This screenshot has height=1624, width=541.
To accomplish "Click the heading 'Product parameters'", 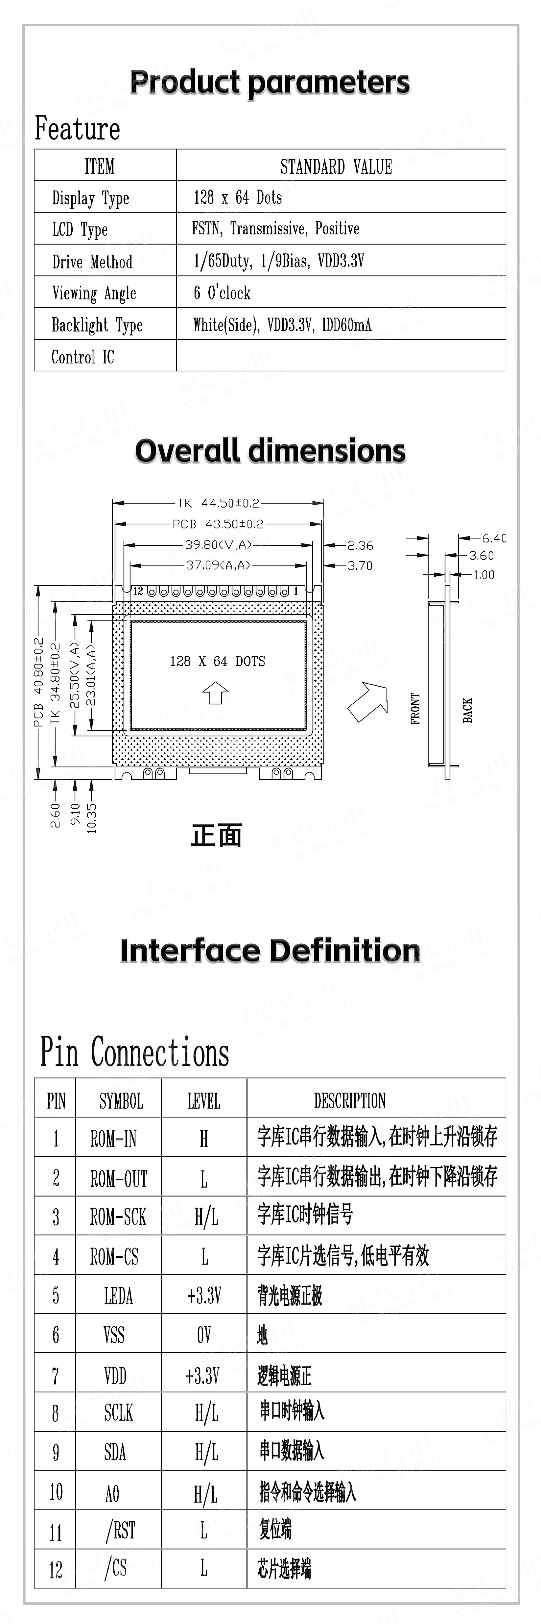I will click(x=270, y=83).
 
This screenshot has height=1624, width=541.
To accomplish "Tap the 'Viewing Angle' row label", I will click(x=94, y=293).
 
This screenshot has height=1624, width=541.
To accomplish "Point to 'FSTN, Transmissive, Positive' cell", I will click(x=276, y=229).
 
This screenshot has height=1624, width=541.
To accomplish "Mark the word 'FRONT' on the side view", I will click(x=415, y=709).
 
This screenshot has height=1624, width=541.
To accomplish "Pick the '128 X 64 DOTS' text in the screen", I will click(x=217, y=661).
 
